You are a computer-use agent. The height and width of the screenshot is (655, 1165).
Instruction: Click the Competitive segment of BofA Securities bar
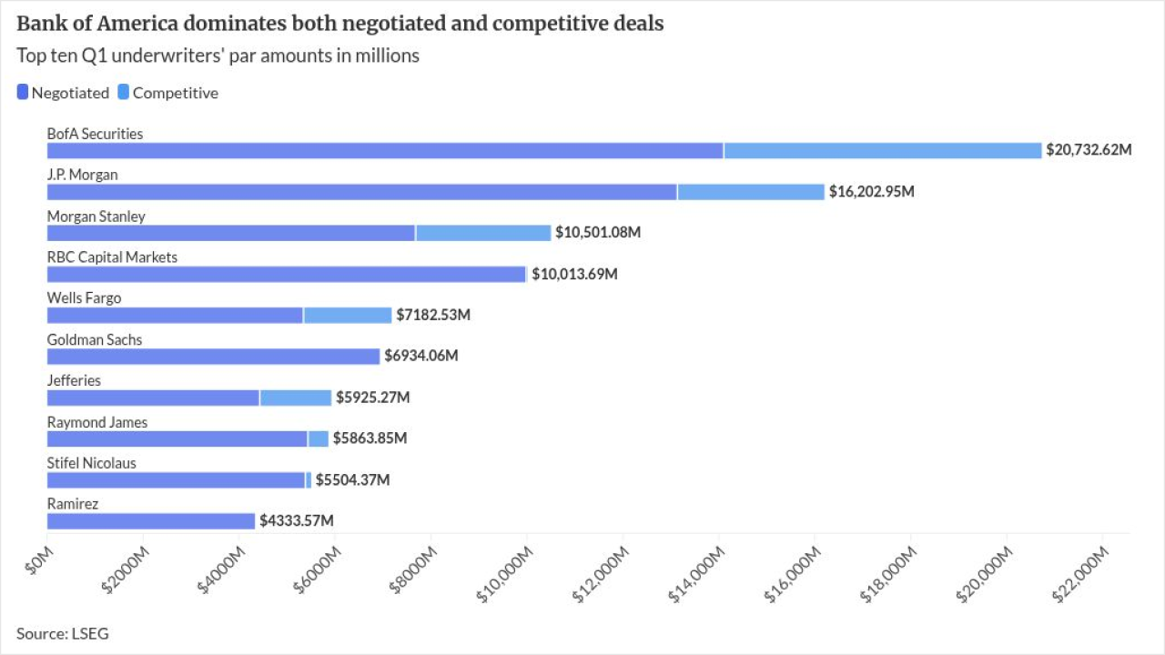882,150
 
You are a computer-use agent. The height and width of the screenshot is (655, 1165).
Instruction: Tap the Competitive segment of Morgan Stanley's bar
483,233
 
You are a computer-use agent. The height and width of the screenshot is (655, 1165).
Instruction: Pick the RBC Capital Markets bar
287,274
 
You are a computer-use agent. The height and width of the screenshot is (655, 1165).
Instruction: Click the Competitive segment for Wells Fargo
348,315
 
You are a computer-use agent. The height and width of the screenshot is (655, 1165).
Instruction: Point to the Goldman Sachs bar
213,357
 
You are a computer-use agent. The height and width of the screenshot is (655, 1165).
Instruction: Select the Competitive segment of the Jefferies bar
296,398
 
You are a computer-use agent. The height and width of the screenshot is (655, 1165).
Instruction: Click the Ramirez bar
151,521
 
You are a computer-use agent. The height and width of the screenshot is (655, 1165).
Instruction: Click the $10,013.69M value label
574,274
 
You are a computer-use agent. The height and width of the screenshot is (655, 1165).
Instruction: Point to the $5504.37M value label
352,480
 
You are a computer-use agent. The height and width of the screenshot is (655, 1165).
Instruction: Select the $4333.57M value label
296,521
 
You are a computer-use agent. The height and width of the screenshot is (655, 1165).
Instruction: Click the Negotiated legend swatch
23,92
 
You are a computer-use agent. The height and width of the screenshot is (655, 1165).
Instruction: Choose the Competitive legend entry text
176,93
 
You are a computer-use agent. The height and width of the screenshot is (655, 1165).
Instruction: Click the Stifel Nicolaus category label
92,463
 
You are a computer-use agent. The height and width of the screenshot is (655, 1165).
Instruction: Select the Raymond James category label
97,422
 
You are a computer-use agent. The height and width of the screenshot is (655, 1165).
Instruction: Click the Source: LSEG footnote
62,633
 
